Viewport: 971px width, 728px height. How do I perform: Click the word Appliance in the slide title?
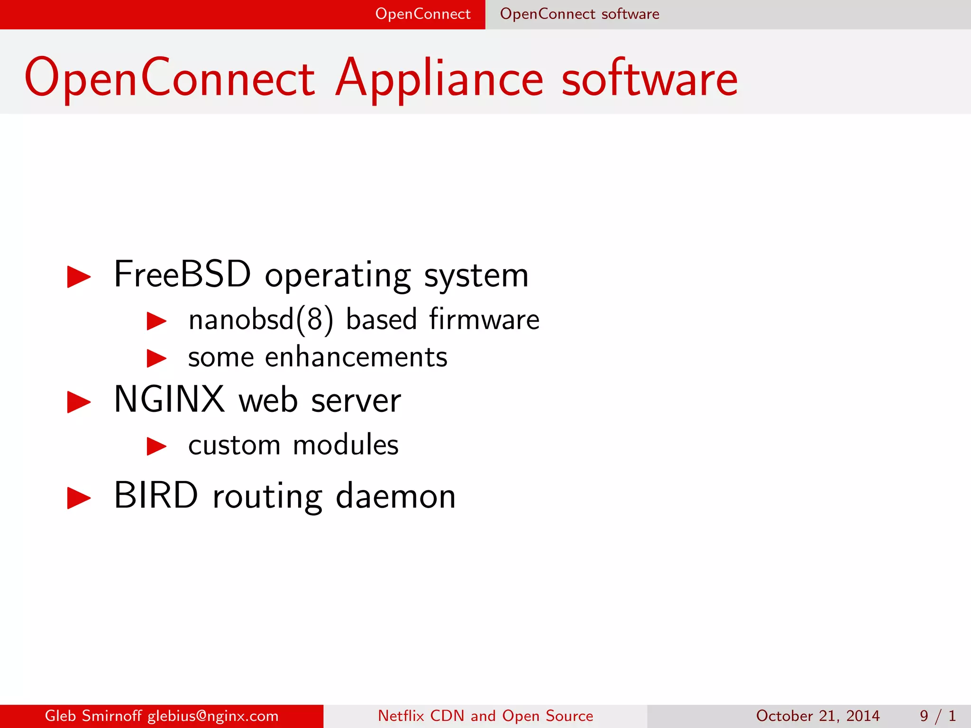tap(439, 79)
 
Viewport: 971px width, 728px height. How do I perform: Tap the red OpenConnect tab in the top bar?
tap(422, 14)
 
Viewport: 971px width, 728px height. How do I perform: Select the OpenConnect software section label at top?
tap(579, 14)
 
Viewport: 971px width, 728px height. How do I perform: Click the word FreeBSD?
tap(182, 274)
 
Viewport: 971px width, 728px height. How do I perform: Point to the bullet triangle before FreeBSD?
tap(79, 276)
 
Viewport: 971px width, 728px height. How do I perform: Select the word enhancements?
tap(356, 357)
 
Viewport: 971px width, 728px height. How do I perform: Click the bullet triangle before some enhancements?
tap(156, 358)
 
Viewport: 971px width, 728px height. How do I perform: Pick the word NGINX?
tap(169, 400)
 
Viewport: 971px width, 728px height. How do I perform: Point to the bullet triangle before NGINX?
tap(79, 402)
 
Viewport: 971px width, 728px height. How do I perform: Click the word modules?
tap(346, 445)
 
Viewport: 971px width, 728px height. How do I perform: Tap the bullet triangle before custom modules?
tap(156, 446)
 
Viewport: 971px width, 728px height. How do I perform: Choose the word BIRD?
tap(156, 496)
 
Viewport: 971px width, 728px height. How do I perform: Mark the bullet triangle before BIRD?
tap(79, 498)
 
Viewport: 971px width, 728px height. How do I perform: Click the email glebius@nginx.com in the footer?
tap(213, 716)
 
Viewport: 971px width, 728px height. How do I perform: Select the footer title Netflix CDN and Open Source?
tap(485, 716)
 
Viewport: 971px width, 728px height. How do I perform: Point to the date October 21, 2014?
tap(818, 716)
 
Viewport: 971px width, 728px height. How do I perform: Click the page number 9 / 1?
tap(938, 716)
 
